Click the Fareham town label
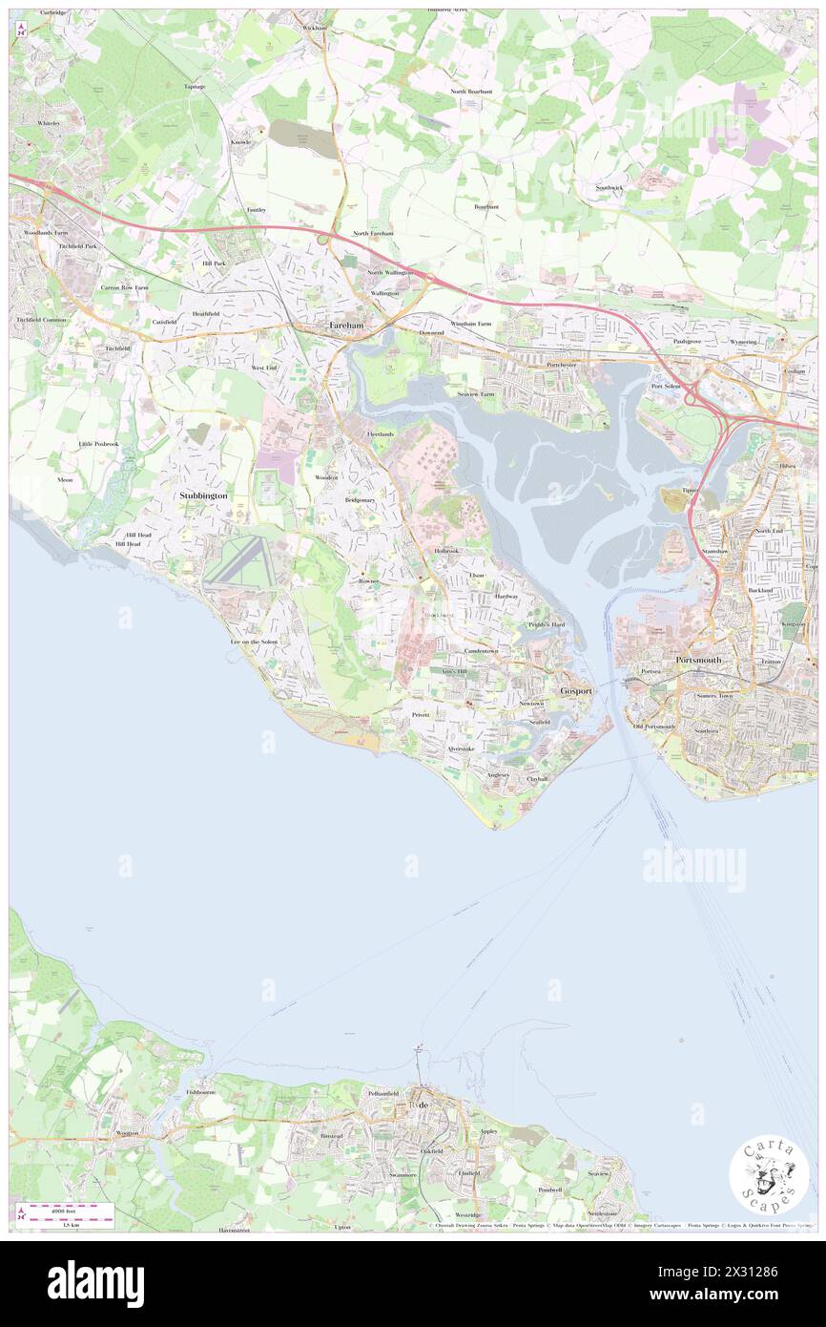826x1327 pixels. point(346,325)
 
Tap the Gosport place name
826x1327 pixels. point(576,689)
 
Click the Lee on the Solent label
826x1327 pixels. point(254,642)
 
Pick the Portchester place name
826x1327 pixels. point(562,365)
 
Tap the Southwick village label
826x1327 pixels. point(609,187)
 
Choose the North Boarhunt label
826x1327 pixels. point(472,91)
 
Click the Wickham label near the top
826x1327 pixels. point(314,28)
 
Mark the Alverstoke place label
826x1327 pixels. point(461,748)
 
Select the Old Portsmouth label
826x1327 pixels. point(654,727)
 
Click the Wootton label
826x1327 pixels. point(127,1132)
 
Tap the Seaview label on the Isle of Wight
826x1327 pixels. point(598,1172)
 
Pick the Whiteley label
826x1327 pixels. point(49,123)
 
